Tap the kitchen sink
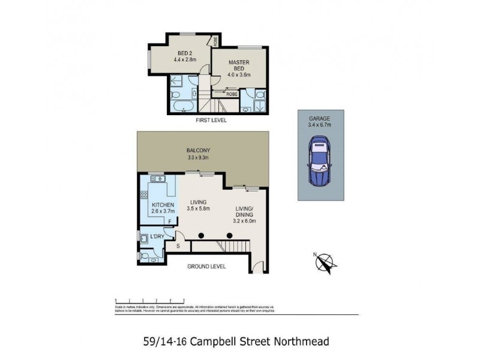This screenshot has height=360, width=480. point(158,179)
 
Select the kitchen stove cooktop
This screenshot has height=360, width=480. point(144,194)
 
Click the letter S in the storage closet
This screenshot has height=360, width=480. point(178,245)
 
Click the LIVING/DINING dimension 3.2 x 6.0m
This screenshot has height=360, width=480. point(244,220)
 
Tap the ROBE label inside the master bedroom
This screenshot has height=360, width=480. point(232,94)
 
